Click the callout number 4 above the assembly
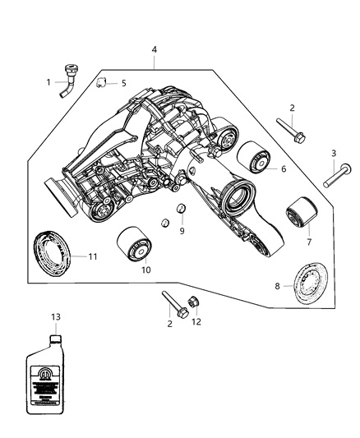155,50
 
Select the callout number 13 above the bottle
55,317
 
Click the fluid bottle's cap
55,336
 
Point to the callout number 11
92,256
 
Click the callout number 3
333,154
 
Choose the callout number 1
48,81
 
